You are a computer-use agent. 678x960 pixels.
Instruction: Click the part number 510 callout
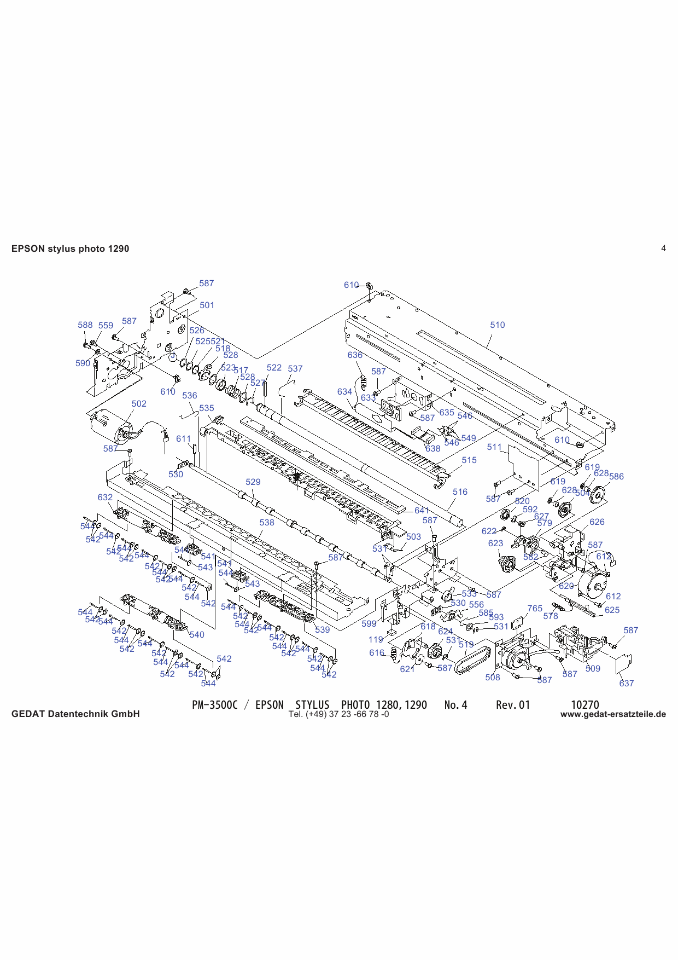(x=497, y=325)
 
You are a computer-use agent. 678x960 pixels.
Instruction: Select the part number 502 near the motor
(x=139, y=403)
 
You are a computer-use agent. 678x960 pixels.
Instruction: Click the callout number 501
(x=207, y=305)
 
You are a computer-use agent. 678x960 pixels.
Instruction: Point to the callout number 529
(x=253, y=482)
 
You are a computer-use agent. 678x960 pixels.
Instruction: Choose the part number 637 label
(x=626, y=683)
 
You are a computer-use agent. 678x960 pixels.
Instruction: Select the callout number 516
(x=460, y=491)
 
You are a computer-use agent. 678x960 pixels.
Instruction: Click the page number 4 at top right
(x=663, y=248)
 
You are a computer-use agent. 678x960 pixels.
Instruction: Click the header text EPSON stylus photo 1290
(x=70, y=248)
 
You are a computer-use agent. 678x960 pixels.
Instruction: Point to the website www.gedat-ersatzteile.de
(x=613, y=714)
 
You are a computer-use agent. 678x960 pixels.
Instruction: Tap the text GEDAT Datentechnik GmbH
(x=75, y=714)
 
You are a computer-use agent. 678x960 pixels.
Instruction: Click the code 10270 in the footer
(x=585, y=705)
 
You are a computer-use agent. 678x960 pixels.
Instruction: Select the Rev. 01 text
(x=513, y=705)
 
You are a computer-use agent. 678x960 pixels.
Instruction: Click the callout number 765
(x=535, y=608)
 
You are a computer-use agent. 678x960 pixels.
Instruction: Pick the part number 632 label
(x=105, y=497)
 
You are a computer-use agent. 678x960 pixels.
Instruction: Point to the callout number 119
(x=375, y=639)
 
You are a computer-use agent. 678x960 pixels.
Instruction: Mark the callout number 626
(x=597, y=522)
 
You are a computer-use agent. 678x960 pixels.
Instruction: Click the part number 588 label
(x=85, y=325)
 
